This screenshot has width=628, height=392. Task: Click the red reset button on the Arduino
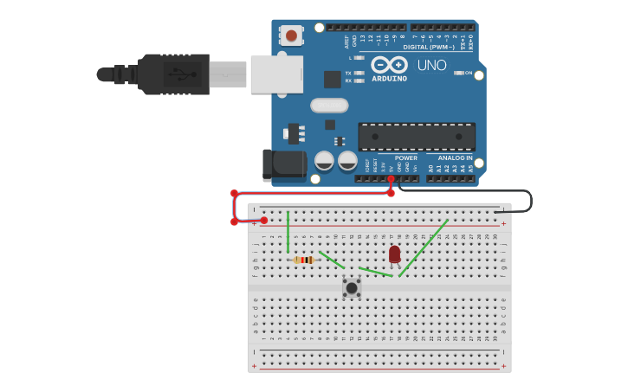tap(291, 35)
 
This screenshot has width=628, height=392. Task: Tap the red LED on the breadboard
tap(395, 254)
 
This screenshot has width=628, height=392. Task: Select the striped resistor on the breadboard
tap(304, 260)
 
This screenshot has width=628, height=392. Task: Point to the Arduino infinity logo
tap(389, 65)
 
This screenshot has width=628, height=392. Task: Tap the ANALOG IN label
tap(455, 158)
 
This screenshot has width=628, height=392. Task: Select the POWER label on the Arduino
tap(405, 158)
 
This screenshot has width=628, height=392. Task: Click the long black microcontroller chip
tap(417, 137)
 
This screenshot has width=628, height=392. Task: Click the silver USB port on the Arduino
tap(276, 74)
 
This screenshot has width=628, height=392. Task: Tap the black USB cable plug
tap(173, 74)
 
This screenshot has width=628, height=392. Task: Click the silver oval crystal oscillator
tap(329, 106)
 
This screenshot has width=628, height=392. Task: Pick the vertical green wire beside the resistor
tap(288, 232)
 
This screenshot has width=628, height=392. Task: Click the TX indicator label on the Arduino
tap(348, 73)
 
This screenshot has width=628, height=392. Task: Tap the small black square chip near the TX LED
tap(333, 79)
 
